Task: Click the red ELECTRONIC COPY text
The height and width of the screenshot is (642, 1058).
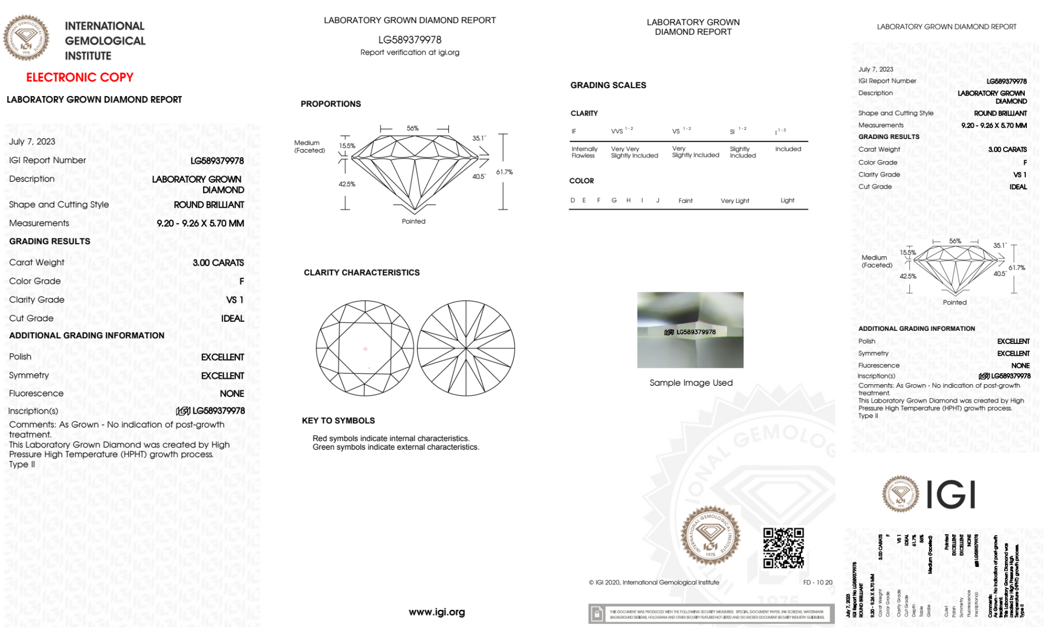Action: pyautogui.click(x=80, y=77)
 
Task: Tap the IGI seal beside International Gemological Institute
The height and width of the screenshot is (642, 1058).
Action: pyautogui.click(x=26, y=38)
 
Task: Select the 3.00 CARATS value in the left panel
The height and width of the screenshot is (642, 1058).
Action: pyautogui.click(x=218, y=263)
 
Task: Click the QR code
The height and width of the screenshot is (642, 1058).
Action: pyautogui.click(x=783, y=548)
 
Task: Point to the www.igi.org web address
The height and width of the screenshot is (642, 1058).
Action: pyautogui.click(x=437, y=612)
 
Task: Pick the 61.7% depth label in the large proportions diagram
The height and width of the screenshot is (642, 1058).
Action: pyautogui.click(x=504, y=172)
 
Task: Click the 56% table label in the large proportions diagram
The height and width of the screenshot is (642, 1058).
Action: pyautogui.click(x=412, y=128)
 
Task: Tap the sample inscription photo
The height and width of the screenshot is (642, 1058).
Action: pyautogui.click(x=690, y=330)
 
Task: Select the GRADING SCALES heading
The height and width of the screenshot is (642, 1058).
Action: pyautogui.click(x=608, y=85)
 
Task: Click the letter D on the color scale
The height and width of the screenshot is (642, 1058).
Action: pyautogui.click(x=573, y=200)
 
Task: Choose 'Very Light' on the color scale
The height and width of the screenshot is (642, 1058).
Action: pyautogui.click(x=734, y=201)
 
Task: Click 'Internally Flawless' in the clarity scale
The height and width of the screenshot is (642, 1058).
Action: pyautogui.click(x=584, y=152)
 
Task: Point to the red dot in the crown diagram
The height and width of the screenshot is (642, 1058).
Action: pyautogui.click(x=365, y=349)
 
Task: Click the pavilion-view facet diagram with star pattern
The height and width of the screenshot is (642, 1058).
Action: pyautogui.click(x=466, y=348)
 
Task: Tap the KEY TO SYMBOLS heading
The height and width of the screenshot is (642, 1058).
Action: pyautogui.click(x=338, y=421)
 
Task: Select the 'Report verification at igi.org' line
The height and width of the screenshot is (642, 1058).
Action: pyautogui.click(x=410, y=52)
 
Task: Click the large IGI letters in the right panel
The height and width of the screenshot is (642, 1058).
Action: pyautogui.click(x=951, y=495)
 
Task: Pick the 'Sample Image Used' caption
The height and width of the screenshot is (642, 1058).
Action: pyautogui.click(x=691, y=383)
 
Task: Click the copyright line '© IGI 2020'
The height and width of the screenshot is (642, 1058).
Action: pyautogui.click(x=654, y=582)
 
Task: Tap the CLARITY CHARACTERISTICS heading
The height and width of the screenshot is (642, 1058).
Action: pyautogui.click(x=362, y=273)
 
